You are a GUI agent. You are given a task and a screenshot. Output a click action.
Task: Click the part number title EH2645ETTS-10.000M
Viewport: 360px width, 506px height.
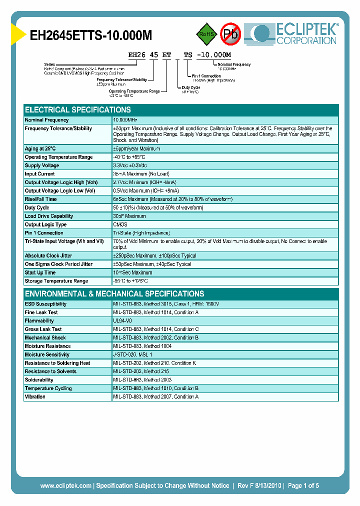[x=91, y=35]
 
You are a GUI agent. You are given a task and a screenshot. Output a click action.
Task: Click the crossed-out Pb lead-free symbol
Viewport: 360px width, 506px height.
[x=231, y=33]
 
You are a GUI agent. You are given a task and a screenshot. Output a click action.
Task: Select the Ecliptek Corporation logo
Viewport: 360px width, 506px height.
[x=295, y=34]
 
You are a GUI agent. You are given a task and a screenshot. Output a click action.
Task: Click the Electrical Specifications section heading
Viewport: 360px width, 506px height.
[x=78, y=110]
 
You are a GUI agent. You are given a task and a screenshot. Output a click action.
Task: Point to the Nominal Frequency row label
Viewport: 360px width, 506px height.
[x=47, y=120]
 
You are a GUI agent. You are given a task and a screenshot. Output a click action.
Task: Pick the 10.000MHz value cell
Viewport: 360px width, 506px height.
[x=125, y=120]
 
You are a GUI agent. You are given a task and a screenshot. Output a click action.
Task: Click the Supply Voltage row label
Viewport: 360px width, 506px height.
[x=42, y=165]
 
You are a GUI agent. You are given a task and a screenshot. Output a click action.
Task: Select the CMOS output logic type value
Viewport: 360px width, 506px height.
[x=120, y=224]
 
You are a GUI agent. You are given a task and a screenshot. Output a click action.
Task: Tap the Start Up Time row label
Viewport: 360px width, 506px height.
[x=40, y=272]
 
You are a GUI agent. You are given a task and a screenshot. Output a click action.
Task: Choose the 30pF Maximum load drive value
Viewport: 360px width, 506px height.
[x=129, y=216]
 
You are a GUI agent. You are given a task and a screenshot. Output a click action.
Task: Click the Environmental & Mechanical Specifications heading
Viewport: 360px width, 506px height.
[x=114, y=294]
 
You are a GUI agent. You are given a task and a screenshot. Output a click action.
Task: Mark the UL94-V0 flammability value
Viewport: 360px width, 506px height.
[x=122, y=321]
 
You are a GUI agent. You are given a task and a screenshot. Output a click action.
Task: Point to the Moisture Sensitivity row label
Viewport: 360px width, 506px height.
[x=47, y=354]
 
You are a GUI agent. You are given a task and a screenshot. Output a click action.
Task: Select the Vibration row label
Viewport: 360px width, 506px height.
[x=35, y=396]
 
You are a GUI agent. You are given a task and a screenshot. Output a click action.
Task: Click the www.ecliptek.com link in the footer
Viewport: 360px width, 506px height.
[x=65, y=485]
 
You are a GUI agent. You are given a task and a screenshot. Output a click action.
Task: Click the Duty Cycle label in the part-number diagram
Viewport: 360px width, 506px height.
[x=191, y=87]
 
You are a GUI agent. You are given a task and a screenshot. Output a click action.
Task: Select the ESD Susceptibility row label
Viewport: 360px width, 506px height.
[x=45, y=304]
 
